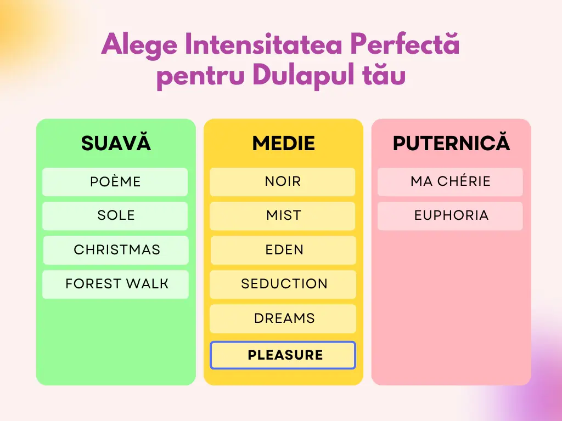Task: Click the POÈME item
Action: pos(115,182)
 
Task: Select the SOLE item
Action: pos(115,216)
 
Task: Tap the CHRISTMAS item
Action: pos(116,250)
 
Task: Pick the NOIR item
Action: pos(283,182)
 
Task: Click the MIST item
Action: pos(283,216)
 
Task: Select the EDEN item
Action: pos(283,250)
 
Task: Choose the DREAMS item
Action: pos(283,318)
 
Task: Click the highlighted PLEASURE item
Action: pos(283,355)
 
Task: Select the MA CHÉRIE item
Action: pos(450,182)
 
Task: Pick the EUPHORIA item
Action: pos(450,216)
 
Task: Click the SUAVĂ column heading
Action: pos(116,143)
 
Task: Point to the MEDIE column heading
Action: pos(284,143)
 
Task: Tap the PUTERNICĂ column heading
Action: pos(451,143)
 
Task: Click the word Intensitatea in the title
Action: pos(263,44)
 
